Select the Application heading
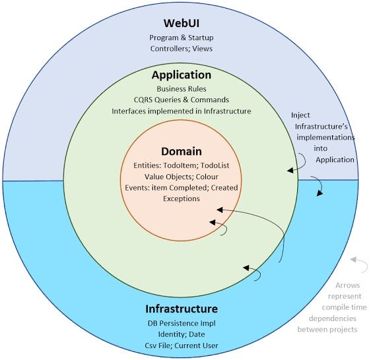[x=182, y=75]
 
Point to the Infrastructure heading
[x=182, y=309]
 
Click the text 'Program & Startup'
[x=182, y=37]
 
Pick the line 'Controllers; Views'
[x=182, y=48]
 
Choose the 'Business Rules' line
[x=182, y=88]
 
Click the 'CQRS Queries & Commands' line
[x=182, y=100]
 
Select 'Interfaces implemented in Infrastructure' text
[x=182, y=111]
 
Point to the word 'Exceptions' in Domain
[x=182, y=199]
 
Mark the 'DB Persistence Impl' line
[x=182, y=324]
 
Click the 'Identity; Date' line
[x=182, y=335]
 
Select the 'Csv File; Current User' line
[x=182, y=346]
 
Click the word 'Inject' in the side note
[x=302, y=115]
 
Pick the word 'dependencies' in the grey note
[x=339, y=318]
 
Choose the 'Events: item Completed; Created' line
[x=182, y=188]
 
